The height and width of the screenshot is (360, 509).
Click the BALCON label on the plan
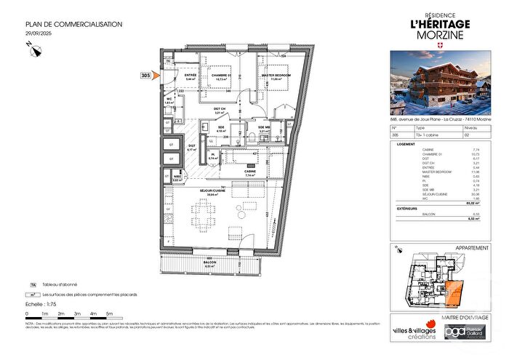tap(211, 263)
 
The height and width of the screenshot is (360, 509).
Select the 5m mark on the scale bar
tap(110, 313)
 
